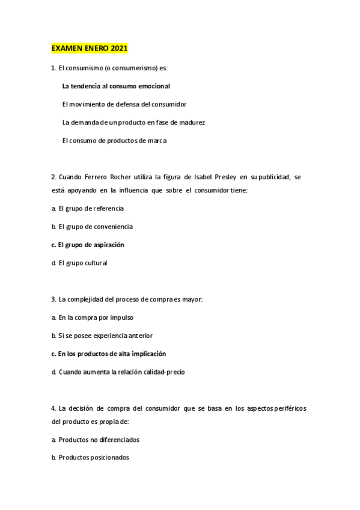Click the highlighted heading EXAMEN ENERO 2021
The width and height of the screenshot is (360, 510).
90,48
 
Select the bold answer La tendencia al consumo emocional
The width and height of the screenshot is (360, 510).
116,86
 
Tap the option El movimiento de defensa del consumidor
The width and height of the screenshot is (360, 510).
124,104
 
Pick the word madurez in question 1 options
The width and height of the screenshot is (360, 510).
194,122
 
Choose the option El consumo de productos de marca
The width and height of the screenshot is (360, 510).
114,141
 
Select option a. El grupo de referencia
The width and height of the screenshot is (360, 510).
88,208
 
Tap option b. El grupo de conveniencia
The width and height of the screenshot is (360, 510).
93,227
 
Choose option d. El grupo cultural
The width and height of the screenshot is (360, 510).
79,263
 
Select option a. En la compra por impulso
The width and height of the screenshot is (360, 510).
93,317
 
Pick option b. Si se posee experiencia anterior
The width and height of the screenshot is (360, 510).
101,335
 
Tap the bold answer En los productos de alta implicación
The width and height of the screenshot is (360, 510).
109,354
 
